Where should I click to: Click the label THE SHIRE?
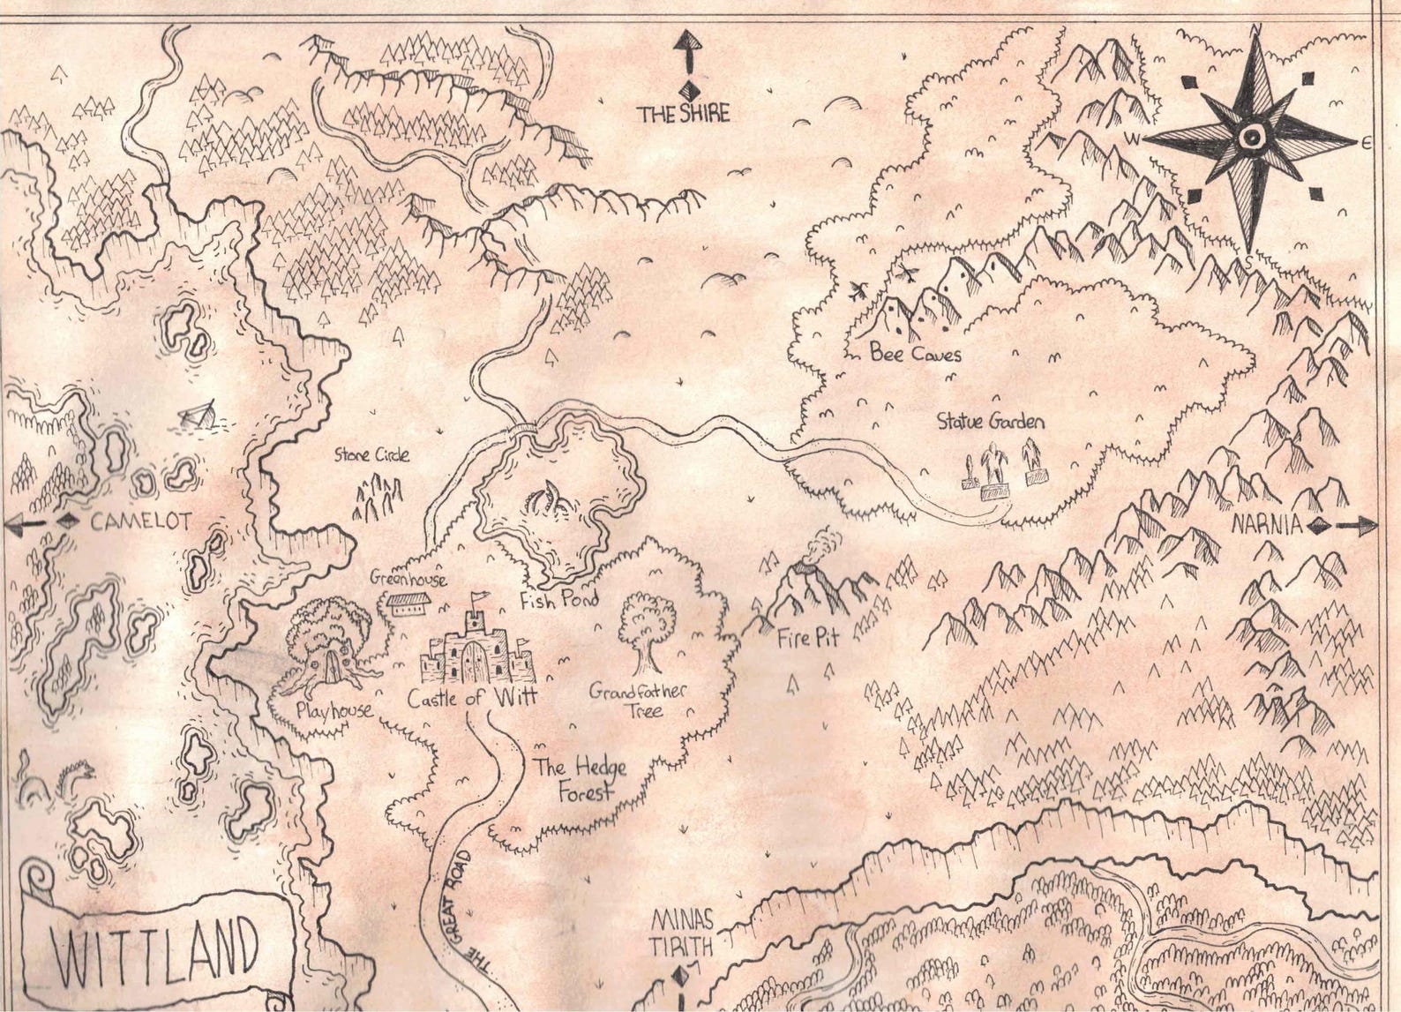(x=685, y=113)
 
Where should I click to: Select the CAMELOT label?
(x=140, y=521)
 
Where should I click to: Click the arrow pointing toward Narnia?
(x=1354, y=527)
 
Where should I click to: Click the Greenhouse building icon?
(x=408, y=603)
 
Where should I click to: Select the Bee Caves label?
(x=915, y=355)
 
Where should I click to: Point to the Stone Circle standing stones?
(x=378, y=498)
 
